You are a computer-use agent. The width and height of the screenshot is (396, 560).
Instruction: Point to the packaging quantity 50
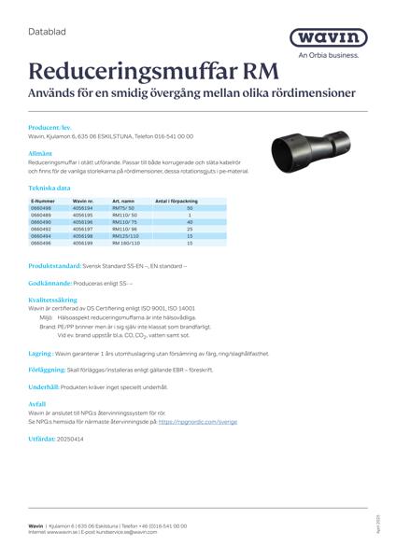point(190,208)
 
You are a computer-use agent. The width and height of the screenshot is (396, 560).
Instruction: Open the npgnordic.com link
point(197,421)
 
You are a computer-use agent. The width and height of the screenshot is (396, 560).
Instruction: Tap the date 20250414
point(70,437)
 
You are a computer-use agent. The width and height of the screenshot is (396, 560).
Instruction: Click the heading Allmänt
point(40,148)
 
